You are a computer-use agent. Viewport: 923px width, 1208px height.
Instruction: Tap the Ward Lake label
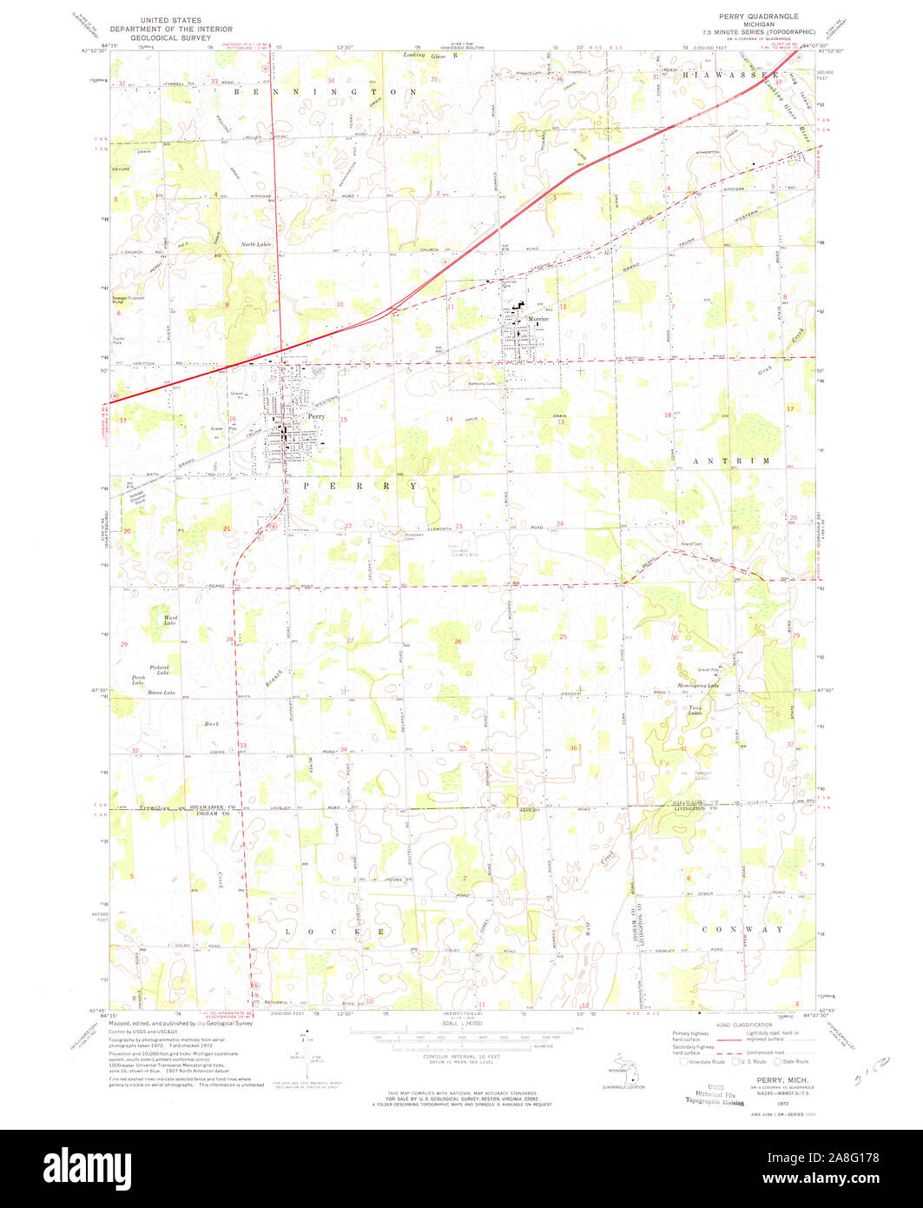(x=170, y=620)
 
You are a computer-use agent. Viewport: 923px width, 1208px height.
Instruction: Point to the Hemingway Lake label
(x=698, y=686)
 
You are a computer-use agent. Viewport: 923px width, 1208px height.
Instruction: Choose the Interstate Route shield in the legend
(x=685, y=1061)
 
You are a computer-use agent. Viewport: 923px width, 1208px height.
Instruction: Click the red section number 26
(x=458, y=641)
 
